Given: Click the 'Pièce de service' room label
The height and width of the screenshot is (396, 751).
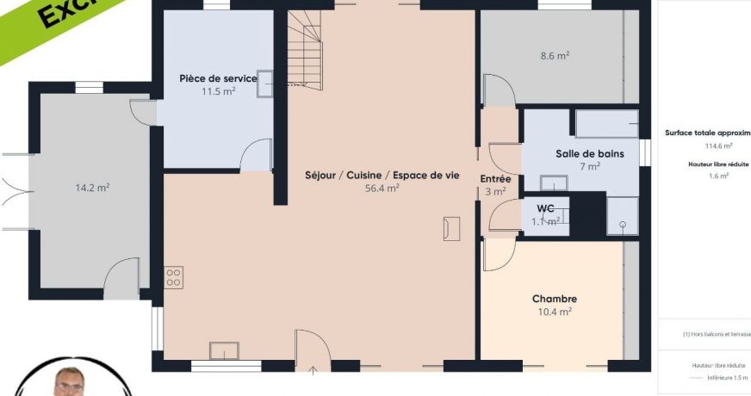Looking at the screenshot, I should coord(218,78).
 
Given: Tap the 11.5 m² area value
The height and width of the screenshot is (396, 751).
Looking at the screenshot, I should coord(218,91).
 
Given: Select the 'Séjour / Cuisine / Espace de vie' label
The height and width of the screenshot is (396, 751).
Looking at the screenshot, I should coord(382,175).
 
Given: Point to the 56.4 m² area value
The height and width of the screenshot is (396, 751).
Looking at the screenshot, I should coord(382,188).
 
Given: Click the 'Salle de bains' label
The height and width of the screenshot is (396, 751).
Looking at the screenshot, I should coord(590,153).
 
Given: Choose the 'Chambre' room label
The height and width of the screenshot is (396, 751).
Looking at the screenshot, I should coord(555,299).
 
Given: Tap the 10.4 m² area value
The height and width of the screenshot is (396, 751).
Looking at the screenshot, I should coord(555,312).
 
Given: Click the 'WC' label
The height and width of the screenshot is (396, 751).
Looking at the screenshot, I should coord(545,208).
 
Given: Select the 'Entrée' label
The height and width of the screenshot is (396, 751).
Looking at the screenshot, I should coord(495,179).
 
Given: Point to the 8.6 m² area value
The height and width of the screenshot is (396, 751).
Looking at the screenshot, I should coord(555,56).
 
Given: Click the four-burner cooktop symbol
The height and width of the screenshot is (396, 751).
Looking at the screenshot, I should coord(174,277).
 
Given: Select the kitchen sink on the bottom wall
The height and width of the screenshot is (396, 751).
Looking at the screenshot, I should coord(224,350).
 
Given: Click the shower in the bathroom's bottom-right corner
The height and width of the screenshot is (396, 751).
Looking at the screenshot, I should coord(622,215).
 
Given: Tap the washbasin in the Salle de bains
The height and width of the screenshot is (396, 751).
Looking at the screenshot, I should coord(553,182).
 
